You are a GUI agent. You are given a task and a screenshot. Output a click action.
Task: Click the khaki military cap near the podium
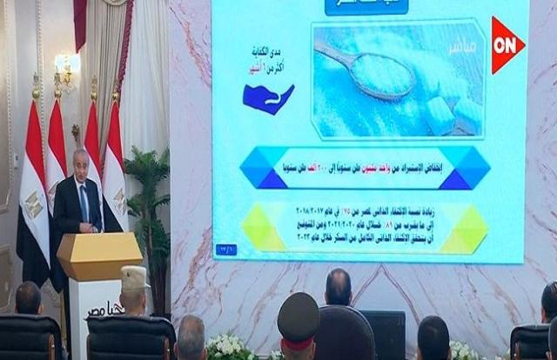[134, 277]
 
